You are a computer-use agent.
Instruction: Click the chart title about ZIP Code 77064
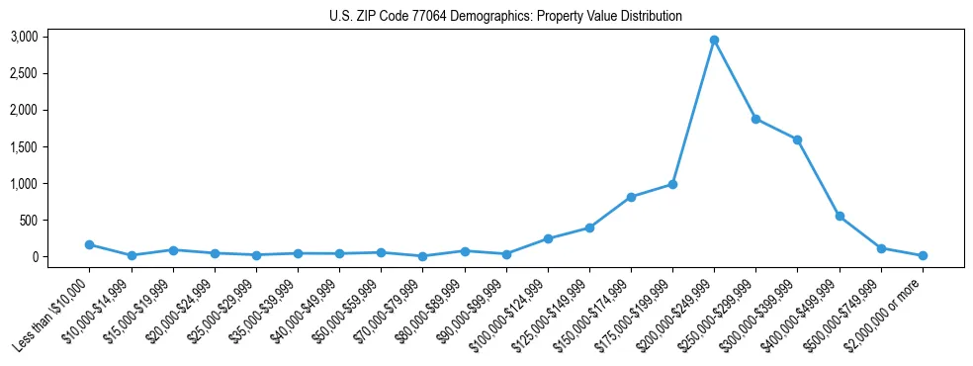pyautogui.click(x=505, y=17)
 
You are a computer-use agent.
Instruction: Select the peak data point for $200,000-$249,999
pyautogui.click(x=714, y=41)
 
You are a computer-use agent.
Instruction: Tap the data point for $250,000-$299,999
pyautogui.click(x=755, y=119)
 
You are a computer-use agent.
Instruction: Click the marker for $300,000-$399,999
pyautogui.click(x=797, y=139)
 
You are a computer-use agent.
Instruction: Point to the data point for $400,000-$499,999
pyautogui.click(x=840, y=216)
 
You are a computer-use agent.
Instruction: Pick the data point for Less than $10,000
pyautogui.click(x=89, y=244)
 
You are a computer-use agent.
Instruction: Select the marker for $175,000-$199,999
pyautogui.click(x=672, y=184)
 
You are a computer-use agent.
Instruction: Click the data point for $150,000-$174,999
pyautogui.click(x=631, y=197)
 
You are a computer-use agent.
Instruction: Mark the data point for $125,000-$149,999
pyautogui.click(x=589, y=228)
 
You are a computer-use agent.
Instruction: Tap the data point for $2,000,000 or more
pyautogui.click(x=923, y=255)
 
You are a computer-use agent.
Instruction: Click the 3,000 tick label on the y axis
pyautogui.click(x=24, y=37)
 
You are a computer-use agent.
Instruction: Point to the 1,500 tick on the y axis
pyautogui.click(x=24, y=146)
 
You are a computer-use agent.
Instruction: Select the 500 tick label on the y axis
pyautogui.click(x=29, y=220)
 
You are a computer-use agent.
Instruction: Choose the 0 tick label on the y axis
pyautogui.click(x=34, y=256)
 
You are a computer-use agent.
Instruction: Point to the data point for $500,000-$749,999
pyautogui.click(x=881, y=248)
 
